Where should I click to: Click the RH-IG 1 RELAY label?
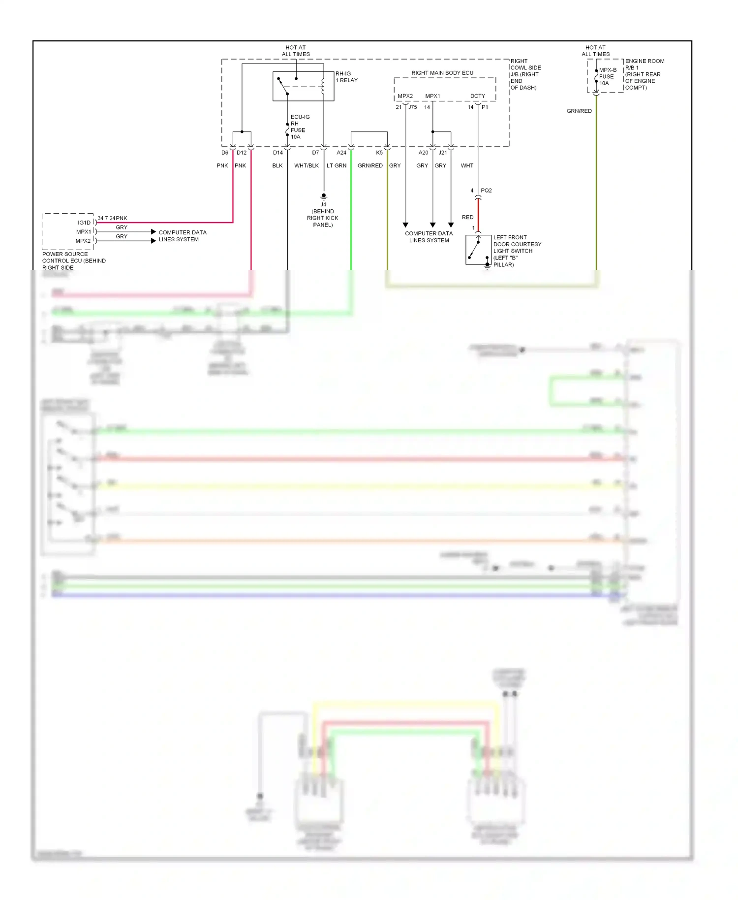coord(346,77)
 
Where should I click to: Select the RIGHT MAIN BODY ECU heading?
coord(442,73)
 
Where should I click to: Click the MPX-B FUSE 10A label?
coord(607,77)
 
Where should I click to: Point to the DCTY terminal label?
coord(477,96)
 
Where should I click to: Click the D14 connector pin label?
coord(278,153)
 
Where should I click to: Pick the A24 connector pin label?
coord(341,153)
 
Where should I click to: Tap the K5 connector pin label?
coord(379,153)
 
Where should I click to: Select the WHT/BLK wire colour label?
coord(307,166)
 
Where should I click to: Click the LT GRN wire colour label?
coord(337,166)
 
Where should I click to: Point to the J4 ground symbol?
coord(324,196)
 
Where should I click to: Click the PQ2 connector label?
coord(486,191)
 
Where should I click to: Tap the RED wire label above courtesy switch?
coord(467,217)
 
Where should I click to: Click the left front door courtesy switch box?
coord(478,250)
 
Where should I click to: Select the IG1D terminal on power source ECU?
coord(84,223)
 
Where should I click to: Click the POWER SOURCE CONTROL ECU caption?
coord(73,261)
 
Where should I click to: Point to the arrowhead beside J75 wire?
coord(405,225)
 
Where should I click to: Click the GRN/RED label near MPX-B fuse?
coord(579,111)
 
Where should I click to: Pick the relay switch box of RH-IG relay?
coord(303,86)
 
